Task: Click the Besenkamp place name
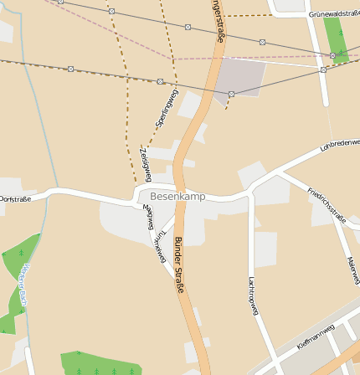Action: tap(177, 196)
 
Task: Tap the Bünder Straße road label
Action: tap(178, 265)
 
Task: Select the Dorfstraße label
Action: tap(15, 198)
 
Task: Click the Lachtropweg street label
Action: tap(252, 296)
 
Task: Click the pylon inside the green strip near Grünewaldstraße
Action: tap(332, 56)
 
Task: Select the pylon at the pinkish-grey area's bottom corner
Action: tap(231, 95)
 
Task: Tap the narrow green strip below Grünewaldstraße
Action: tap(335, 38)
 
